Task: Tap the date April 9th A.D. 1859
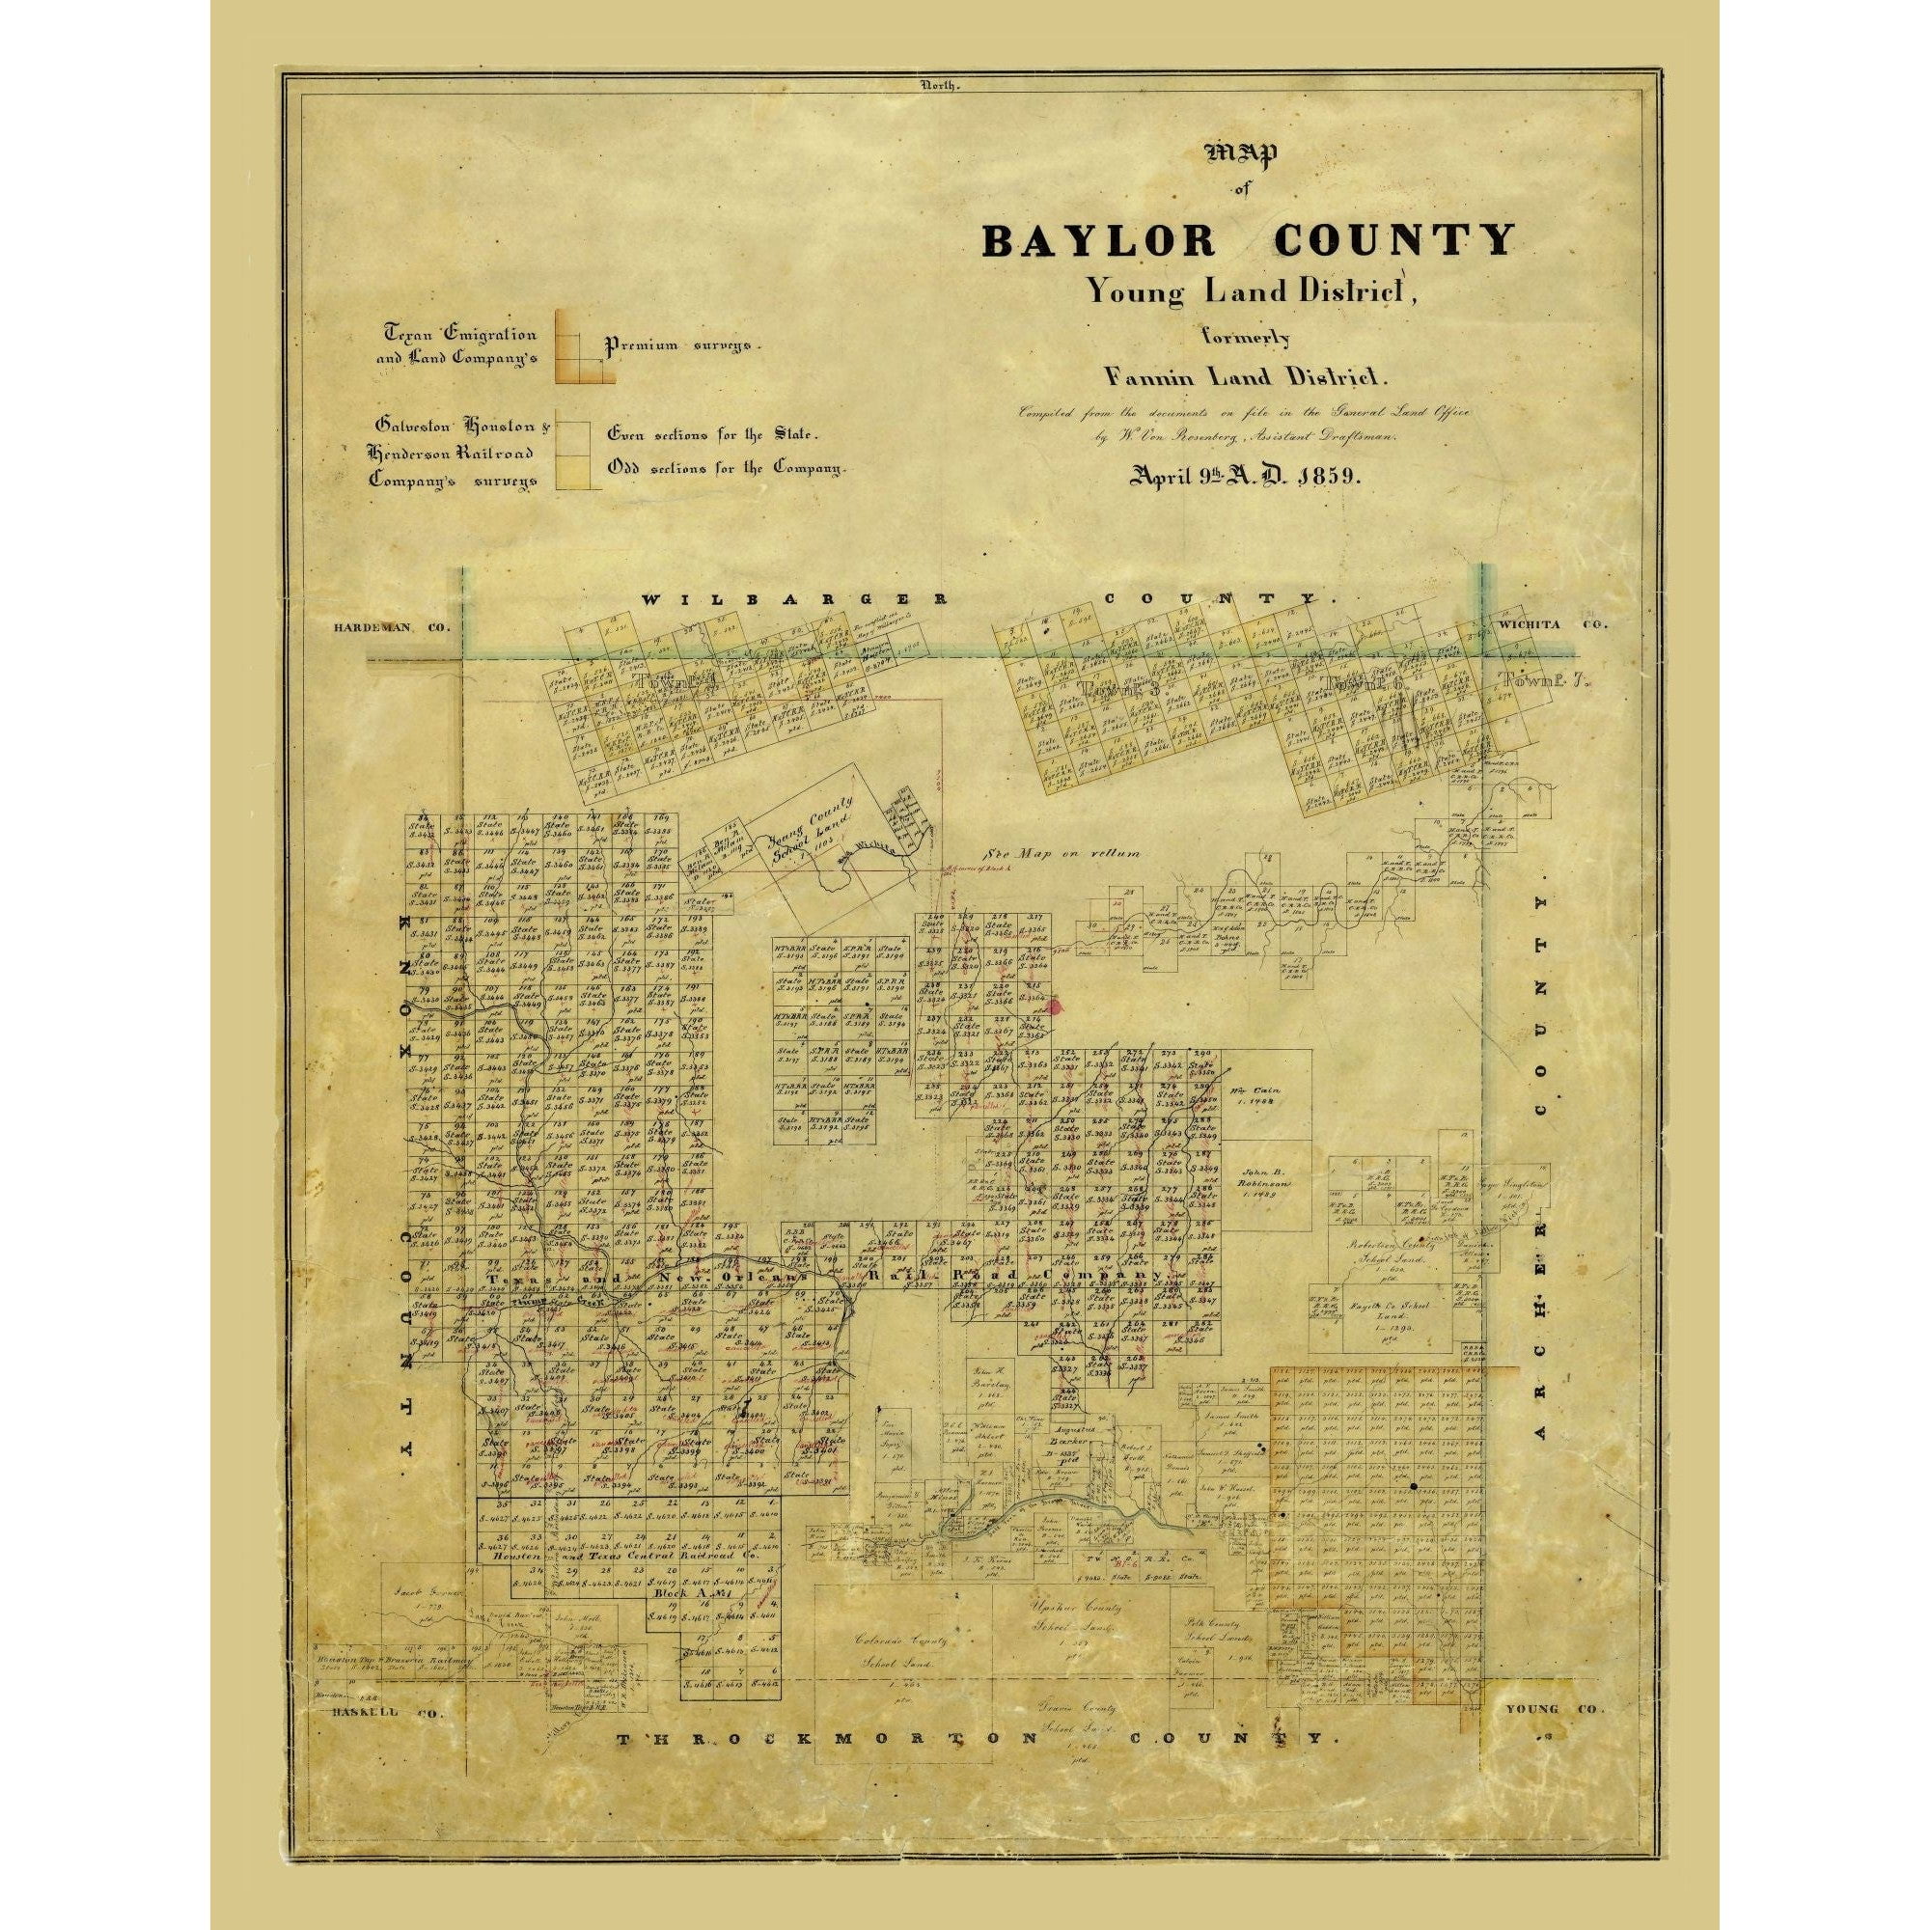[x=1243, y=477]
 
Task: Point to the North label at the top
[x=940, y=87]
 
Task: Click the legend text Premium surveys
[x=681, y=344]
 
